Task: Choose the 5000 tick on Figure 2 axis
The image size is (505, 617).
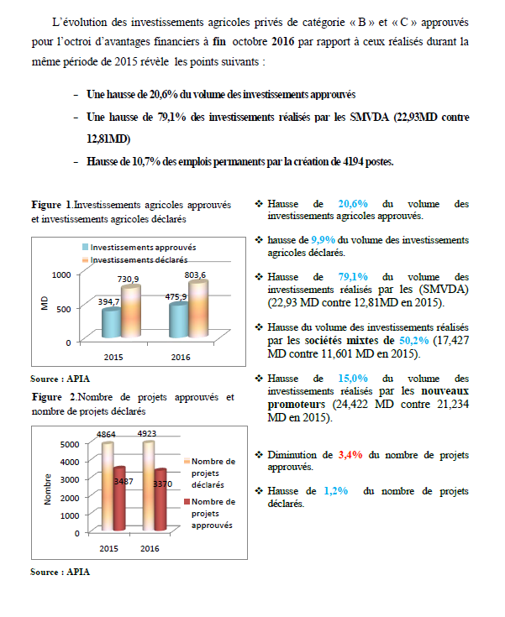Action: (71, 443)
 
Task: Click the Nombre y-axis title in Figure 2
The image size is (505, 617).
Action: (49, 489)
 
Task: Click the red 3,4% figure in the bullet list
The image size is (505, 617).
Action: (350, 455)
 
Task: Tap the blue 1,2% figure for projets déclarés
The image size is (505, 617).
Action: (336, 491)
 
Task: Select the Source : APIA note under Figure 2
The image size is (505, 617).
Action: (59, 571)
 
